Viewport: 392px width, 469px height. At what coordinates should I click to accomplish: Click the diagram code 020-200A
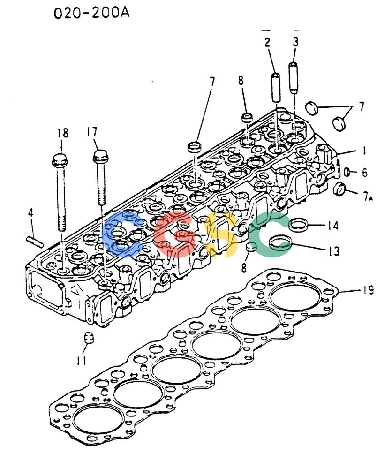(91, 13)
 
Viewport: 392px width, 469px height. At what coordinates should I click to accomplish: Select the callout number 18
(62, 133)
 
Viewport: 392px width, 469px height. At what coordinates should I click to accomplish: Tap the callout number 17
(92, 131)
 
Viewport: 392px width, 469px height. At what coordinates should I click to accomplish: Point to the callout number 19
(368, 290)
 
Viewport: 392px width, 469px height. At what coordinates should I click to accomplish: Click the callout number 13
(334, 251)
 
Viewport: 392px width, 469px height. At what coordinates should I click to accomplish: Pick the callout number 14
(332, 225)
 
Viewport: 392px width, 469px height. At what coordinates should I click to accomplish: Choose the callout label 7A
(368, 196)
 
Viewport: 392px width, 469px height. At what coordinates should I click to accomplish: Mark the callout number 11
(81, 360)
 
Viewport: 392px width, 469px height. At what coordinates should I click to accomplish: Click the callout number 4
(30, 213)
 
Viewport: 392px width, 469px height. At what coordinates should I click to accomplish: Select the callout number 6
(364, 172)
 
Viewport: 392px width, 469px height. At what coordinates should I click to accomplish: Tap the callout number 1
(364, 150)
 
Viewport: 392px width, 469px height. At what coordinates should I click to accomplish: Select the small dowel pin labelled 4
(35, 242)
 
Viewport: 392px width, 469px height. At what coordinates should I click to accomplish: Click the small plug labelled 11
(89, 338)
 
